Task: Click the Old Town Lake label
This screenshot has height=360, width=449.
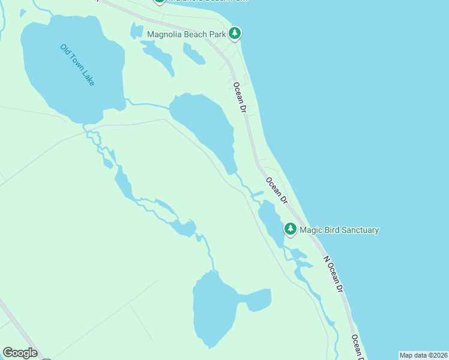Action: pos(77,64)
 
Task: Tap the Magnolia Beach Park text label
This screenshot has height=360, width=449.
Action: pos(186,35)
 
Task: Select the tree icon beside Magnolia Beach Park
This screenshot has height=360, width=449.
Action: pos(235,34)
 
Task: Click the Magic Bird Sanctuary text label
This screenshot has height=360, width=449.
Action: pos(339,230)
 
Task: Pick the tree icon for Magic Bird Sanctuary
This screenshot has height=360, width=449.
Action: pos(291,229)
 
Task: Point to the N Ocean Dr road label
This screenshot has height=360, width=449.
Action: pos(333,274)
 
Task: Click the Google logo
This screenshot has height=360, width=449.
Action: pos(20,353)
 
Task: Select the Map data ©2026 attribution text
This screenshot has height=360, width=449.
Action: pos(424,355)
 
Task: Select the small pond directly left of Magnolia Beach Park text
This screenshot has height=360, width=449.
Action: pos(137,31)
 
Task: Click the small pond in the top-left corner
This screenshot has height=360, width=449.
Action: pos(23,12)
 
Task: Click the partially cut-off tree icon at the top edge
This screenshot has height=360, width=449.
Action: pos(159,2)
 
